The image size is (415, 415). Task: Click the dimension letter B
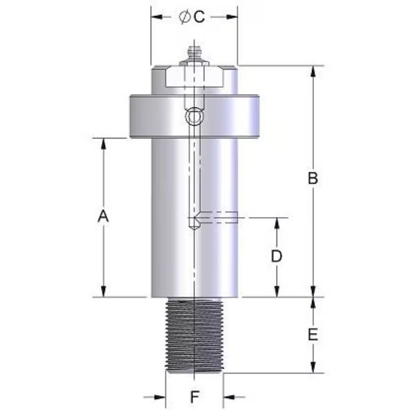coord(313,178)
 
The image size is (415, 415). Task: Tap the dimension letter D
coord(276,256)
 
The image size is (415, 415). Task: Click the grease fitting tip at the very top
coord(194,49)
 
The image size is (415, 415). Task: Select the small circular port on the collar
coord(194,118)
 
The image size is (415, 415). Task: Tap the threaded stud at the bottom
coord(194,335)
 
